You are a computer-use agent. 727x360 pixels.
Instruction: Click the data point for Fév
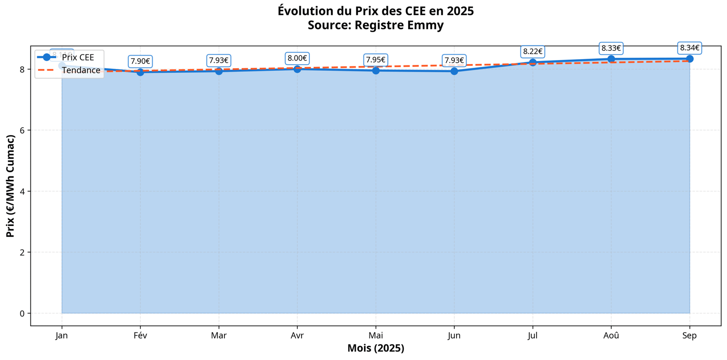[140, 72]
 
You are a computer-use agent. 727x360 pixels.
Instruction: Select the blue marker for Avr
[297, 69]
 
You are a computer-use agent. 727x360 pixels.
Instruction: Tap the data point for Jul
[533, 63]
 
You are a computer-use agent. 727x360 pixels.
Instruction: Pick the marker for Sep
[690, 59]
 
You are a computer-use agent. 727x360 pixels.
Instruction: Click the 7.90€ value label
[140, 61]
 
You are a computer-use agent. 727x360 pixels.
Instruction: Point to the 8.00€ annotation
[297, 58]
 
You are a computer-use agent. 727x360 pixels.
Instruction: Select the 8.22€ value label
[533, 52]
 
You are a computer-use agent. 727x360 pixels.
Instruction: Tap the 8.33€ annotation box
[611, 48]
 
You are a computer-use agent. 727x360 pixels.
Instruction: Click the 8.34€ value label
[690, 48]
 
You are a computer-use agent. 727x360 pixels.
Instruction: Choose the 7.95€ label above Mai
[376, 60]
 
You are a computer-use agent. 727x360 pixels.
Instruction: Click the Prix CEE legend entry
[78, 58]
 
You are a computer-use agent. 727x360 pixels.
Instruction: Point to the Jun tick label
[454, 336]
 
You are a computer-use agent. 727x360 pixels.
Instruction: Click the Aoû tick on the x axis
[611, 336]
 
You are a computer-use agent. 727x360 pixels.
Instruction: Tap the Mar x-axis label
[219, 336]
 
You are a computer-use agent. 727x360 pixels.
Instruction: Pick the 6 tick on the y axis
[21, 130]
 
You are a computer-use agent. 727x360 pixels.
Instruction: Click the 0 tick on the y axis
[21, 314]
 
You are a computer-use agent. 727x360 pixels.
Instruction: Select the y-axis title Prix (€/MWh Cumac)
[10, 186]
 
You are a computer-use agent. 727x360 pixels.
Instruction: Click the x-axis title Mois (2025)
[376, 349]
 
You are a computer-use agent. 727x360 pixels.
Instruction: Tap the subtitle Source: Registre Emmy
[376, 25]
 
